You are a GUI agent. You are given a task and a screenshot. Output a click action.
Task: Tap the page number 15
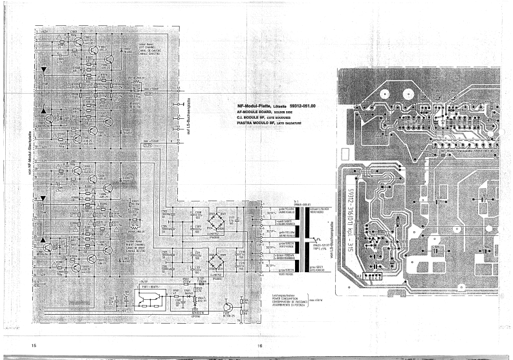click(32, 346)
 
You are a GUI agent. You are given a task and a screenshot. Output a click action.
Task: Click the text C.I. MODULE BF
click(254, 117)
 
